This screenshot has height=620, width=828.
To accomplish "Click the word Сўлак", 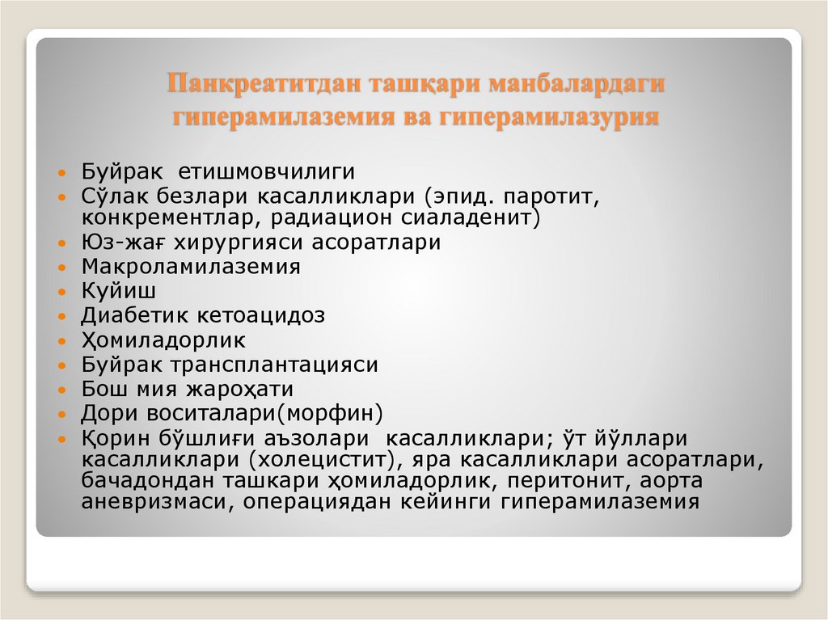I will click(x=110, y=196).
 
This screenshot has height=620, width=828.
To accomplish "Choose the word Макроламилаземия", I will click(x=191, y=267).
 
